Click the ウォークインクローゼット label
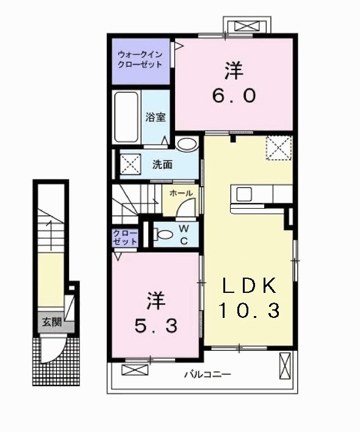(140, 59)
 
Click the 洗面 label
(162, 164)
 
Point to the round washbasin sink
(187, 145)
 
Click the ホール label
(182, 193)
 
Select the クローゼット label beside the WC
(124, 237)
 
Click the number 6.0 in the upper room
(234, 95)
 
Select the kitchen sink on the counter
(243, 195)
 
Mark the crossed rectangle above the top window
(247, 26)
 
